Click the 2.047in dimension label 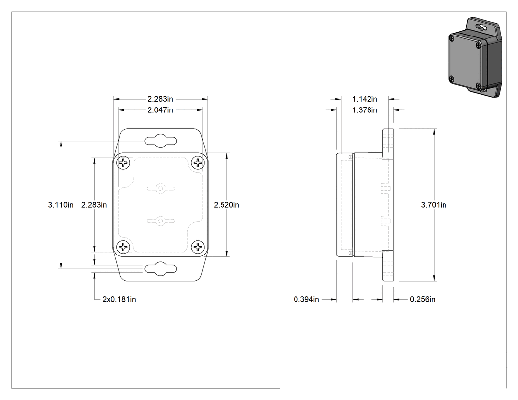[x=160, y=110]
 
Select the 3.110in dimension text [x=61, y=205]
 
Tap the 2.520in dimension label [x=226, y=205]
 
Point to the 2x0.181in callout [x=119, y=299]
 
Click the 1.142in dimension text [x=365, y=99]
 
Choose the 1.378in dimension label [x=365, y=110]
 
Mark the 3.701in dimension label [x=434, y=205]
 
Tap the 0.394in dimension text [x=306, y=299]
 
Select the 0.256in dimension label [x=422, y=299]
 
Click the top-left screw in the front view [x=123, y=163]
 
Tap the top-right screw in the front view [x=198, y=163]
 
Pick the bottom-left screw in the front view [x=123, y=247]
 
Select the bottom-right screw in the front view [x=198, y=247]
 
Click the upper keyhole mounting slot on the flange [x=160, y=141]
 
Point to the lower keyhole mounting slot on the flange [x=160, y=269]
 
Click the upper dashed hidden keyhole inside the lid [x=160, y=189]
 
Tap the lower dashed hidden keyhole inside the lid [x=160, y=221]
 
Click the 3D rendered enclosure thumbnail [x=475, y=58]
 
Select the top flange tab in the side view [x=388, y=144]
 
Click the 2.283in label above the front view [x=160, y=99]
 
